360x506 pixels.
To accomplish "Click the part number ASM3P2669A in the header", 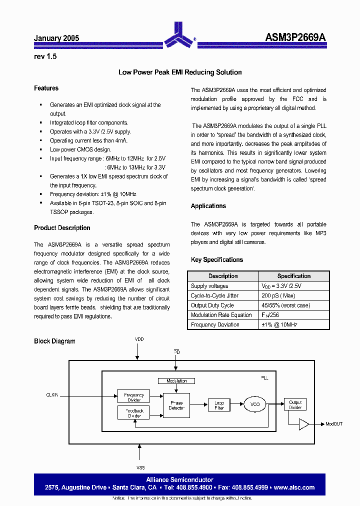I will point(295,37).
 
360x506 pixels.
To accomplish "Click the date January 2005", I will point(56,38).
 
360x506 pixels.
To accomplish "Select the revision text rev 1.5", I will point(45,56).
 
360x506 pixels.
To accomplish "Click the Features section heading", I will point(46,88).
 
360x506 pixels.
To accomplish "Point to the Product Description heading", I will point(62,227).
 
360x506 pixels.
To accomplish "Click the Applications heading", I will point(208,206).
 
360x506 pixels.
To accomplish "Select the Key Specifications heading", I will point(216,259).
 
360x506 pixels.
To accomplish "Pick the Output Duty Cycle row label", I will point(212,305).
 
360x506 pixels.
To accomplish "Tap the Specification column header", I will point(294,276).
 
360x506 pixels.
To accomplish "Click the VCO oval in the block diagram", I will point(255,404).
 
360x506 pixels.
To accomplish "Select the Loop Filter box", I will point(219,405).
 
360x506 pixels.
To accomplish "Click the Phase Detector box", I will point(176,405).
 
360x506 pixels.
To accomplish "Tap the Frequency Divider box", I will point(133,397).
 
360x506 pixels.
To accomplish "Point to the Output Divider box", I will point(295,404).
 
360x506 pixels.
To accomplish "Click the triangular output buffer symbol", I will point(304,424).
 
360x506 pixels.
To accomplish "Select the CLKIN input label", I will point(52,395).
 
